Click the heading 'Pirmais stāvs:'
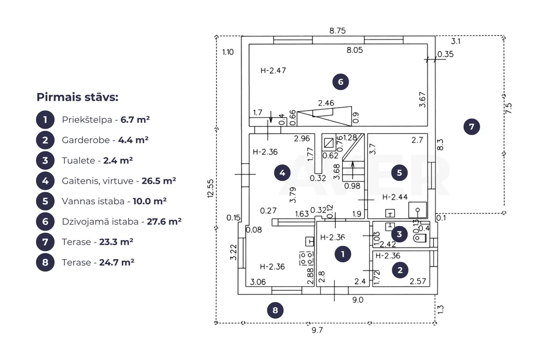pyautogui.click(x=78, y=97)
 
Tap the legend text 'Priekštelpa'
pyautogui.click(x=87, y=120)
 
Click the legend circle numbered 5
pyautogui.click(x=45, y=201)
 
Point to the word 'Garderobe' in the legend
pyautogui.click(x=86, y=140)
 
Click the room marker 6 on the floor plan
pyautogui.click(x=341, y=82)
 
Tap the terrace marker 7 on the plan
pyautogui.click(x=472, y=127)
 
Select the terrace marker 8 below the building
pyautogui.click(x=275, y=310)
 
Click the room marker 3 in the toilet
pyautogui.click(x=399, y=234)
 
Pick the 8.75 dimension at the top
pyautogui.click(x=337, y=31)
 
